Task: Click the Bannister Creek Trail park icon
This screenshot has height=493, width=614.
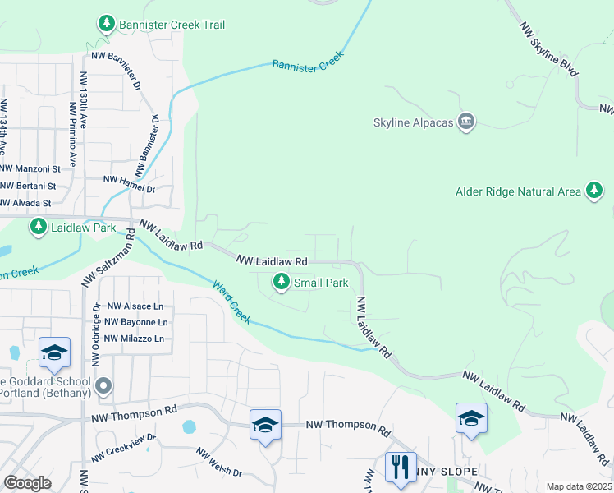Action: click(x=105, y=25)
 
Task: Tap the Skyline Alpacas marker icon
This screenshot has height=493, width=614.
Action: click(x=466, y=122)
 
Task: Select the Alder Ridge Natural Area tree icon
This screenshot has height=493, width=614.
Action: click(x=593, y=191)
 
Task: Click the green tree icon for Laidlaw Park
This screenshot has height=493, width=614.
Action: click(x=38, y=227)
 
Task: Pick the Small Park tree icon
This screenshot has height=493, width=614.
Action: click(x=282, y=283)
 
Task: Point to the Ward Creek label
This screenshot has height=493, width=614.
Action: click(x=232, y=302)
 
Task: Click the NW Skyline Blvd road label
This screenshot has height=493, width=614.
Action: click(x=549, y=48)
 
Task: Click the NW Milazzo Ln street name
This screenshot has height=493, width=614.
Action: click(x=135, y=338)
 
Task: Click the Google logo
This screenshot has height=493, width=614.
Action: click(x=27, y=483)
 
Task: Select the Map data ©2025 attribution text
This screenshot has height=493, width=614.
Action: click(x=578, y=486)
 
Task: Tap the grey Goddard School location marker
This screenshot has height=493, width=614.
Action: click(x=103, y=385)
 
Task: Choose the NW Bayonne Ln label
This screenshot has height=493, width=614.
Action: click(x=136, y=322)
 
